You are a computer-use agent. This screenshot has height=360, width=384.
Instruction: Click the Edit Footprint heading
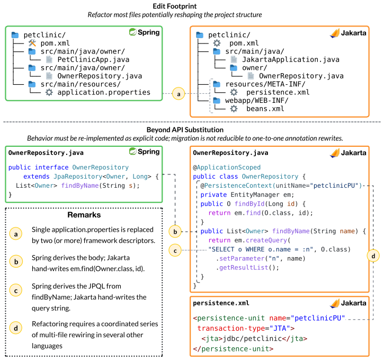(x=175, y=6)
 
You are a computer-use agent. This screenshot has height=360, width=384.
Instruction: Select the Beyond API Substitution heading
(x=185, y=130)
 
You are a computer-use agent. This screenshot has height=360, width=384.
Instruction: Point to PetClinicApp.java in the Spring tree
(x=93, y=59)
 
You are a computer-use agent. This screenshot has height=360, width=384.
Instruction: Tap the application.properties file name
(x=104, y=92)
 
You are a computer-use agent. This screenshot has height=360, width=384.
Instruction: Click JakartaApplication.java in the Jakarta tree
(x=291, y=59)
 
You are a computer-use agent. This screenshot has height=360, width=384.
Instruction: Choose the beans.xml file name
(x=265, y=109)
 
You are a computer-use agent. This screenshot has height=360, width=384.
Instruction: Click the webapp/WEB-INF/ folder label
(x=257, y=101)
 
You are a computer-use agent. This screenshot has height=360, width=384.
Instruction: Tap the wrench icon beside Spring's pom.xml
(x=32, y=43)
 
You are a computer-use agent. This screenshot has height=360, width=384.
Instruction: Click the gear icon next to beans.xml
(x=234, y=109)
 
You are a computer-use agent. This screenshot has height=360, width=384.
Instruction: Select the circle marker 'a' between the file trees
(x=178, y=94)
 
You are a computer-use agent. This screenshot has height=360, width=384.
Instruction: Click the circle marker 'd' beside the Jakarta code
(x=373, y=256)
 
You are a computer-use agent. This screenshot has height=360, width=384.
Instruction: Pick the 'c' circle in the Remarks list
(x=16, y=291)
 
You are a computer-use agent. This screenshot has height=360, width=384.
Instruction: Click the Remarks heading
(x=84, y=215)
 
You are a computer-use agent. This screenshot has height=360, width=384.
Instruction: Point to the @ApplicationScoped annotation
(x=227, y=168)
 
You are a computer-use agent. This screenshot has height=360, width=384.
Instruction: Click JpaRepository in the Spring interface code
(x=78, y=177)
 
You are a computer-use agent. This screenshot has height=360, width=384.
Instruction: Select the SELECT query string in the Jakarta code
(x=261, y=250)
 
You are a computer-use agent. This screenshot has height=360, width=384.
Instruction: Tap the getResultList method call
(x=247, y=268)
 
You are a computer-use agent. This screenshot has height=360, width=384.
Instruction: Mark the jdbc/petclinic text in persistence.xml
(x=252, y=339)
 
